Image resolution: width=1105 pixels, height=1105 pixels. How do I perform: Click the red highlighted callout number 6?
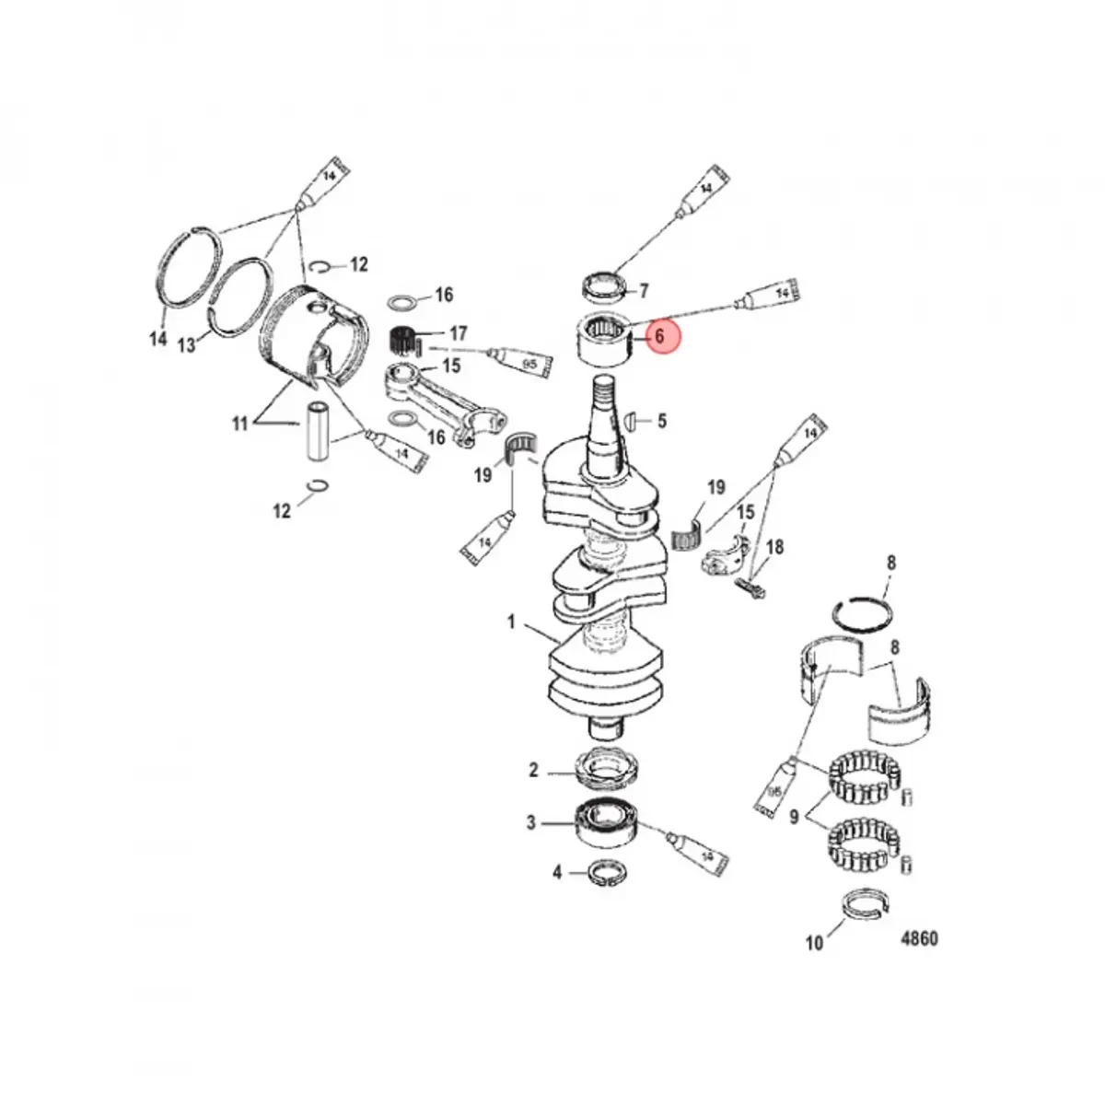click(x=659, y=337)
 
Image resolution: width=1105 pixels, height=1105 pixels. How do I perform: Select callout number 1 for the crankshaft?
click(x=511, y=622)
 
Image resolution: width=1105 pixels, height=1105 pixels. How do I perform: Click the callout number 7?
click(x=644, y=291)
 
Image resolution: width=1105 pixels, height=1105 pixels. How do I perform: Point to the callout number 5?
click(x=662, y=421)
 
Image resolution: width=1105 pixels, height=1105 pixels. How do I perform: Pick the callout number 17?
click(x=459, y=333)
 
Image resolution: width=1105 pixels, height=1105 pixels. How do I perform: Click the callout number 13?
click(x=187, y=345)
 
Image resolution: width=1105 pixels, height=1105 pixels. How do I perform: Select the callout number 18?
click(x=774, y=547)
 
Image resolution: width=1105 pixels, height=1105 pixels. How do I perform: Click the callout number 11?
click(x=240, y=424)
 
